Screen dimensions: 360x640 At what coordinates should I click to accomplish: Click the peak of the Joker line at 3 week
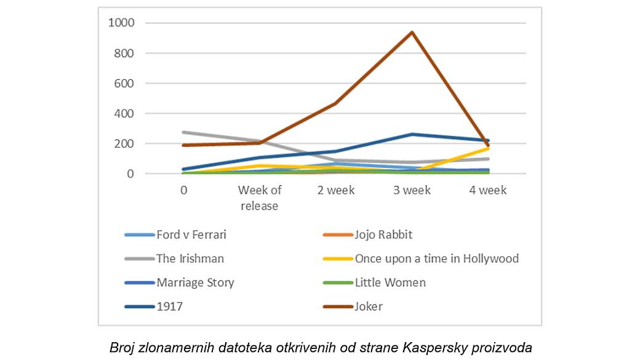click(x=412, y=33)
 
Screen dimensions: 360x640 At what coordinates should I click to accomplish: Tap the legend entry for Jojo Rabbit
click(x=383, y=234)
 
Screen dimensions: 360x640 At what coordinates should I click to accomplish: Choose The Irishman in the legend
click(x=190, y=258)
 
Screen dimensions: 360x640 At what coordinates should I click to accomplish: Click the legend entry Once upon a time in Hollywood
click(x=436, y=258)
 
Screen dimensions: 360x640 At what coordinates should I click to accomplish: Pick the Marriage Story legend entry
click(x=195, y=282)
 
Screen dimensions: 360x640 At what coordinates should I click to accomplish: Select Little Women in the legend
click(x=390, y=282)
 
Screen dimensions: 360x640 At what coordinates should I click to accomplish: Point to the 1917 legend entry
click(x=169, y=306)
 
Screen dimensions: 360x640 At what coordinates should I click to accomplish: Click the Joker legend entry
click(x=369, y=306)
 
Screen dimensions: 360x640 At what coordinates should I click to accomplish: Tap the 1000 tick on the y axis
click(x=121, y=23)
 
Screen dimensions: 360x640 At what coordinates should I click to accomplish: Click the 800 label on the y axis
click(x=124, y=54)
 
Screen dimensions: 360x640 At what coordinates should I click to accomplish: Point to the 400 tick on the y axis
click(x=124, y=114)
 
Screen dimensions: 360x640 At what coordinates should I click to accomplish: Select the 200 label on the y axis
click(x=124, y=144)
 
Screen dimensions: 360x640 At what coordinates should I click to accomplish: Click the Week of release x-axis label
click(x=260, y=198)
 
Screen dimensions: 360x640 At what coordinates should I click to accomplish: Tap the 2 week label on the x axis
click(x=336, y=190)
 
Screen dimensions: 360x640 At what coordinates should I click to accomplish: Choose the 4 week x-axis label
click(x=488, y=190)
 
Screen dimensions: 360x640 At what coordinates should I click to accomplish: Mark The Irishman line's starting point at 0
click(x=184, y=132)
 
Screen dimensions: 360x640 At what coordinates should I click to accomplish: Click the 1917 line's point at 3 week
click(x=412, y=134)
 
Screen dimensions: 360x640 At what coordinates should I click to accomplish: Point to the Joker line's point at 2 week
click(x=336, y=103)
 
